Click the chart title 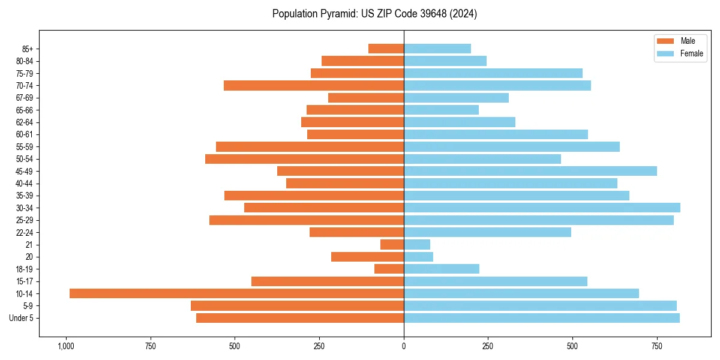click(x=374, y=14)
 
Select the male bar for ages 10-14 click(x=236, y=293)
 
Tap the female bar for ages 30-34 click(x=542, y=208)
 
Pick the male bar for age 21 click(x=392, y=244)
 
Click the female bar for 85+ click(x=437, y=49)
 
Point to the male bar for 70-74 click(x=314, y=85)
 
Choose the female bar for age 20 click(x=418, y=257)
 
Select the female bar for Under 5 click(x=542, y=318)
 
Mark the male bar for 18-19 click(x=389, y=269)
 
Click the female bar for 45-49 click(x=530, y=171)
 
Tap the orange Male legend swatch click(x=666, y=41)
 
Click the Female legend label click(x=691, y=53)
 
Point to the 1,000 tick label click(x=65, y=346)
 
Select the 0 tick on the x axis click(x=404, y=346)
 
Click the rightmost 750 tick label click(x=657, y=346)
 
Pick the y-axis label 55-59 click(x=25, y=146)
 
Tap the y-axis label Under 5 click(x=21, y=318)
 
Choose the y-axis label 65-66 click(x=25, y=110)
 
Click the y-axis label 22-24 click(x=25, y=232)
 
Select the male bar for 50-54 click(x=304, y=159)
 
